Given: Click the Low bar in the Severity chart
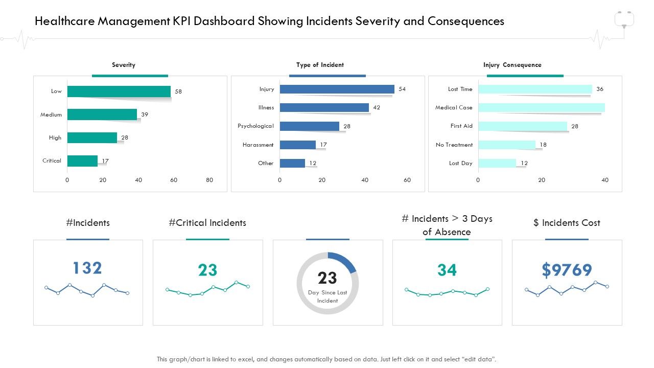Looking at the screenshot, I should point(119,91).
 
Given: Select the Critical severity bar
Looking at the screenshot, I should point(82,161).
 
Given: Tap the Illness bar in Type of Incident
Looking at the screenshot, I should point(324,107).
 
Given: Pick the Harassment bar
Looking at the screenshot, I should point(297,145).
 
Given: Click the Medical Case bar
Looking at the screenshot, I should point(541,107).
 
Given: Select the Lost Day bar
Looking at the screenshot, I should point(497,163).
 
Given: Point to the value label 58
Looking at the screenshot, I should point(178,91).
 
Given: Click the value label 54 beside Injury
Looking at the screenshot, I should point(402,89).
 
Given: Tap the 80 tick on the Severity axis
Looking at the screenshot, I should point(209,180).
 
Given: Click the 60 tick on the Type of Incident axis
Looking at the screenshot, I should point(407,180).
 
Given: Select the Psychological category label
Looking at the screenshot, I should point(255,126).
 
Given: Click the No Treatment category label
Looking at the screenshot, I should point(454,145).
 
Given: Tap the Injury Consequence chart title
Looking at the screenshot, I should point(512,65).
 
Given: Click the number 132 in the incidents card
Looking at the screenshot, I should point(87,268).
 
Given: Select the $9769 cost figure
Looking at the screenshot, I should point(567,270).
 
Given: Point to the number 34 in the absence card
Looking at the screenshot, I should point(447,270).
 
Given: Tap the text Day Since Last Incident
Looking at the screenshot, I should point(328,296).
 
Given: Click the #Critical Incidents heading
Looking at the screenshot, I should point(207,223).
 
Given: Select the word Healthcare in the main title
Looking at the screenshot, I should point(65,21).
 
